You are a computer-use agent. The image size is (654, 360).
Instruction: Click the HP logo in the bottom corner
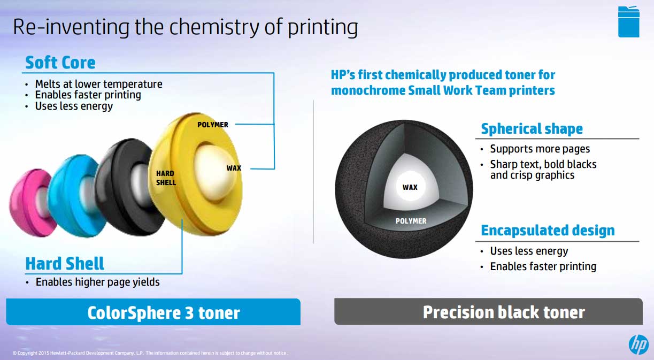tap(638, 345)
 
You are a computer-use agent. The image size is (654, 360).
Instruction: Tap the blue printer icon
tap(628, 21)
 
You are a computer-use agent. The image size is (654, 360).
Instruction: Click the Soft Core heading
tap(60, 63)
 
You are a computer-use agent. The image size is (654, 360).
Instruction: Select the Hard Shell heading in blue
tap(65, 263)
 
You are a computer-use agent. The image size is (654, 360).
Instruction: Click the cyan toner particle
tap(73, 196)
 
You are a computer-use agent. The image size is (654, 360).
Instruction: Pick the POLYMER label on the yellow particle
tap(212, 125)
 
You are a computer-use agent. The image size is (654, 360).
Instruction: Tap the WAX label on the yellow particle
tap(234, 168)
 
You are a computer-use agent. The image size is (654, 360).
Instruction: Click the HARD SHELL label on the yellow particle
tap(166, 178)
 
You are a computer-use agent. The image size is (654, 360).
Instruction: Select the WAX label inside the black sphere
tap(410, 187)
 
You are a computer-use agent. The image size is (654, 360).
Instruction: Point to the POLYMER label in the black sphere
tap(411, 221)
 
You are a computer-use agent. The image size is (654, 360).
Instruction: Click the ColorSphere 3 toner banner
tap(153, 312)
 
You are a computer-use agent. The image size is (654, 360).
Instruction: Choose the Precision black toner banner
tap(488, 311)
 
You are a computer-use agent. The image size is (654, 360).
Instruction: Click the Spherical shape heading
tap(532, 129)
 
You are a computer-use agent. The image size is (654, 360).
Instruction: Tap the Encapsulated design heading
tap(548, 231)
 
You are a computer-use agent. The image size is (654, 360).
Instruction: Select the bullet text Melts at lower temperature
tap(99, 84)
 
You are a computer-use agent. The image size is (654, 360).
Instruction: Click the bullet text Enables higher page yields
tap(97, 282)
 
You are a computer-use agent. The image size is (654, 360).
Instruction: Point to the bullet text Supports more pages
tap(540, 149)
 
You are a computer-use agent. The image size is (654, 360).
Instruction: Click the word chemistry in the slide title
tap(214, 27)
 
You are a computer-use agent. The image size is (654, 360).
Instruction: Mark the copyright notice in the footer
tap(150, 353)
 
